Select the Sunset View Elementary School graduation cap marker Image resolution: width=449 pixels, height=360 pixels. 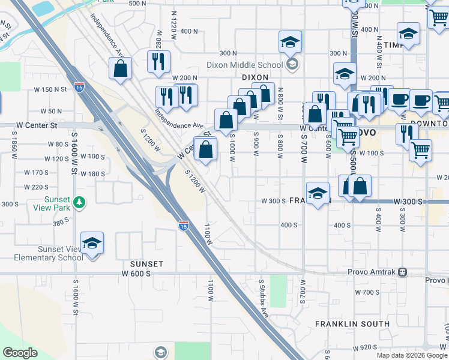[92, 244]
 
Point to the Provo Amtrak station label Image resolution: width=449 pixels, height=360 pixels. [372, 272]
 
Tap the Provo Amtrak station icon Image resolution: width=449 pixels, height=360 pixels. [403, 272]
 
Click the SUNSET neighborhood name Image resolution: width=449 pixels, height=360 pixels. [147, 264]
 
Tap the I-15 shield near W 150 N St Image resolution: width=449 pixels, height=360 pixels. [79, 88]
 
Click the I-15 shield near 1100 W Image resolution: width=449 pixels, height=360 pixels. [184, 226]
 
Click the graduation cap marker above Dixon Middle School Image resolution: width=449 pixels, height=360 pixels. [291, 43]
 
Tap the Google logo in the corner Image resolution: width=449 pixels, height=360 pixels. [20, 353]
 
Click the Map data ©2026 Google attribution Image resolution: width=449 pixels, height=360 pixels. [412, 355]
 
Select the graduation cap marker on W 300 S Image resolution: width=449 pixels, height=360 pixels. [318, 194]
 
